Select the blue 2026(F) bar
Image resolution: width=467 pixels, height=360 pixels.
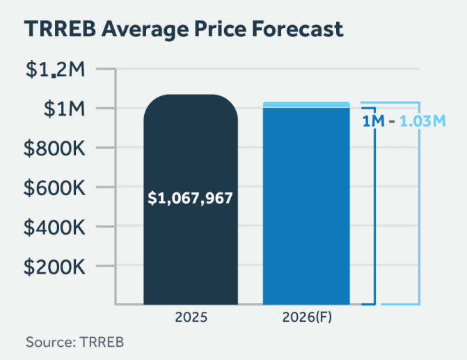tap(306, 209)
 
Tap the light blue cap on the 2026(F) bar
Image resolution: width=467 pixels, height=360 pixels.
tap(306, 104)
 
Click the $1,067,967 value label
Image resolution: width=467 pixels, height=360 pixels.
tap(191, 198)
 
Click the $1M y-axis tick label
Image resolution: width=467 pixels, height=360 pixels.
tap(63, 109)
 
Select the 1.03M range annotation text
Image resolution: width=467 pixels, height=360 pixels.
tap(422, 121)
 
